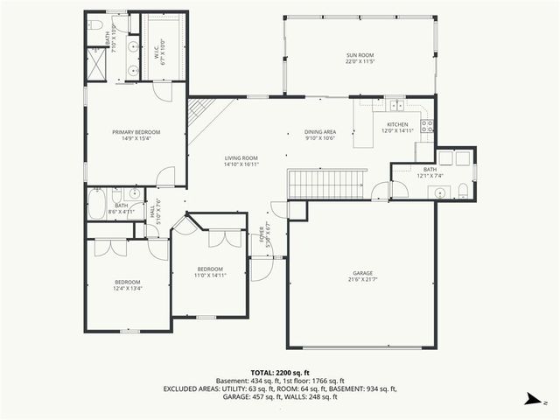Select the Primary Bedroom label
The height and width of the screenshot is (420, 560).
(x=136, y=132)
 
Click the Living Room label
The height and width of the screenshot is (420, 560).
(x=241, y=157)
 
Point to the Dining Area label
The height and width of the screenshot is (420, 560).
(x=320, y=132)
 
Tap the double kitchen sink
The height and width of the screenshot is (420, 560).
(x=396, y=104)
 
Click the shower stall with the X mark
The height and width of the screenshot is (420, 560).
(x=94, y=63)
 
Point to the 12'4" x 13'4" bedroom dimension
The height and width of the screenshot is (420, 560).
(x=127, y=288)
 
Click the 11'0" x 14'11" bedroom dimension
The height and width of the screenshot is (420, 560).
(x=210, y=275)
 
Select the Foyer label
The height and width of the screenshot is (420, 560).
(x=262, y=235)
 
